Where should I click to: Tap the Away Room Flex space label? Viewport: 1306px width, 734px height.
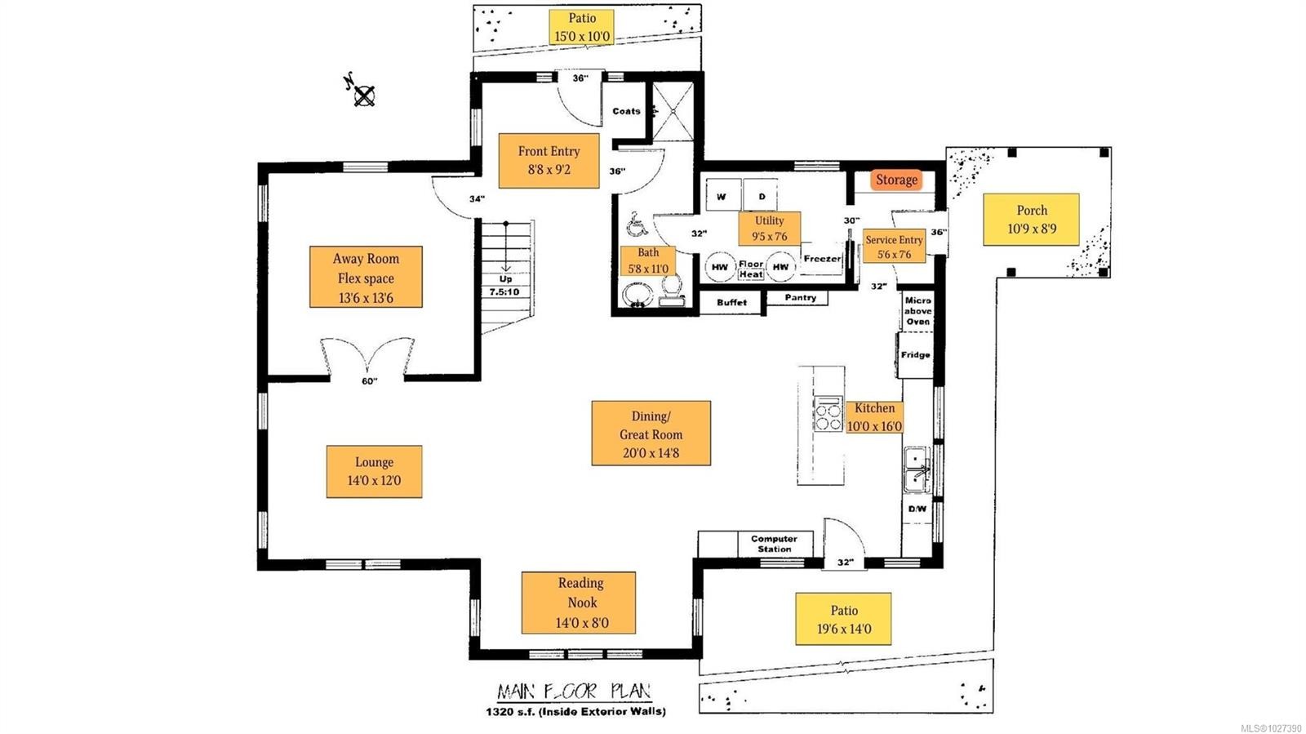366,278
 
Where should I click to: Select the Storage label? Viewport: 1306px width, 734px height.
896,180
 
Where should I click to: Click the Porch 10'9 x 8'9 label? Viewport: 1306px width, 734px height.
1031,220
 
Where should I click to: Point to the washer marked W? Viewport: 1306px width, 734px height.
722,197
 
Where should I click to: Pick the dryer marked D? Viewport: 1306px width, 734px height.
762,197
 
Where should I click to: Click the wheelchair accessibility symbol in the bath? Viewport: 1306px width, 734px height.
635,223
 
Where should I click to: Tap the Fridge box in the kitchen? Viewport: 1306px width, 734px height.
915,355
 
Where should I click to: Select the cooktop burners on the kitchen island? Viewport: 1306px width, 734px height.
828,414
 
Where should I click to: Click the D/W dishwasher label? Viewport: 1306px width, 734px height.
917,509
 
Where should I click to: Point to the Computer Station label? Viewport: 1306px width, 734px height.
774,544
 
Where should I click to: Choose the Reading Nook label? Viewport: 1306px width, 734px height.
580,603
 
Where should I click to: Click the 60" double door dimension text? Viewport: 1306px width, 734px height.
369,381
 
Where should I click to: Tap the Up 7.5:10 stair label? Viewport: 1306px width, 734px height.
504,286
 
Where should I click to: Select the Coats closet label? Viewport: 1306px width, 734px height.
626,111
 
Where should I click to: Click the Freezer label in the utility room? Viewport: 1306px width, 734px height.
821,259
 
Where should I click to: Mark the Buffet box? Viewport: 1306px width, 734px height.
731,302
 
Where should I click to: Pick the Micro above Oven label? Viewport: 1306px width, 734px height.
917,311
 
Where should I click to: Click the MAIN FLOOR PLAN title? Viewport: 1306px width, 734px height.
575,692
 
